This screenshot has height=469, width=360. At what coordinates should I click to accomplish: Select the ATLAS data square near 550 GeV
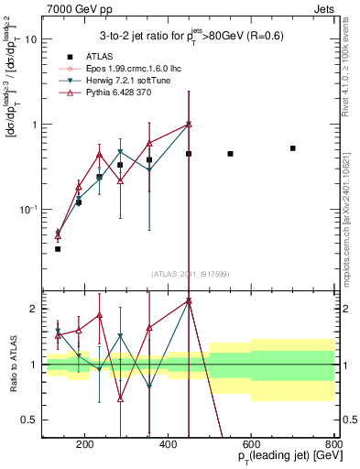coord(230,154)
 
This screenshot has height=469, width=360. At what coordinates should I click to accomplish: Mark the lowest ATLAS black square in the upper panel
coord(58,248)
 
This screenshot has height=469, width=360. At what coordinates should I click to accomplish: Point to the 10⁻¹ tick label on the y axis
coord(28,210)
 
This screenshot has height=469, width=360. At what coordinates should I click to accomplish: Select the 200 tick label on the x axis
coord(85,445)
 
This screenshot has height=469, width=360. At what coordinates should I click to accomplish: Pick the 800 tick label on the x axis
coord(333,445)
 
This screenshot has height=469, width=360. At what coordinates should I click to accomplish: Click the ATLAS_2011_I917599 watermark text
coord(190,275)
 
